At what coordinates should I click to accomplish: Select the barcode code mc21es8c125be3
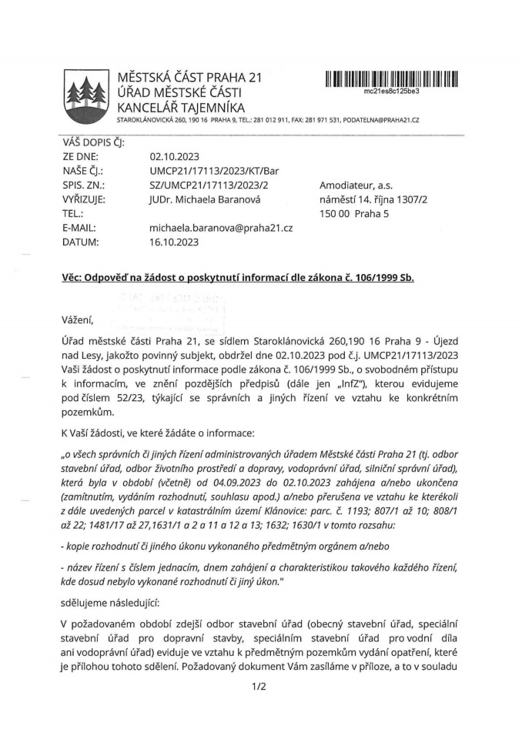pyautogui.click(x=392, y=91)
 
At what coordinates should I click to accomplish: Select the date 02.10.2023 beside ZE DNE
pyautogui.click(x=174, y=157)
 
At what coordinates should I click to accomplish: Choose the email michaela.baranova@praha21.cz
pyautogui.click(x=221, y=228)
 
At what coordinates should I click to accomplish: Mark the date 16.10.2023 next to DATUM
pyautogui.click(x=174, y=242)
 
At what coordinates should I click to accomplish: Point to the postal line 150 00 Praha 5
pyautogui.click(x=356, y=213)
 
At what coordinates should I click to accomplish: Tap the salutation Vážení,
pyautogui.click(x=77, y=319)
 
